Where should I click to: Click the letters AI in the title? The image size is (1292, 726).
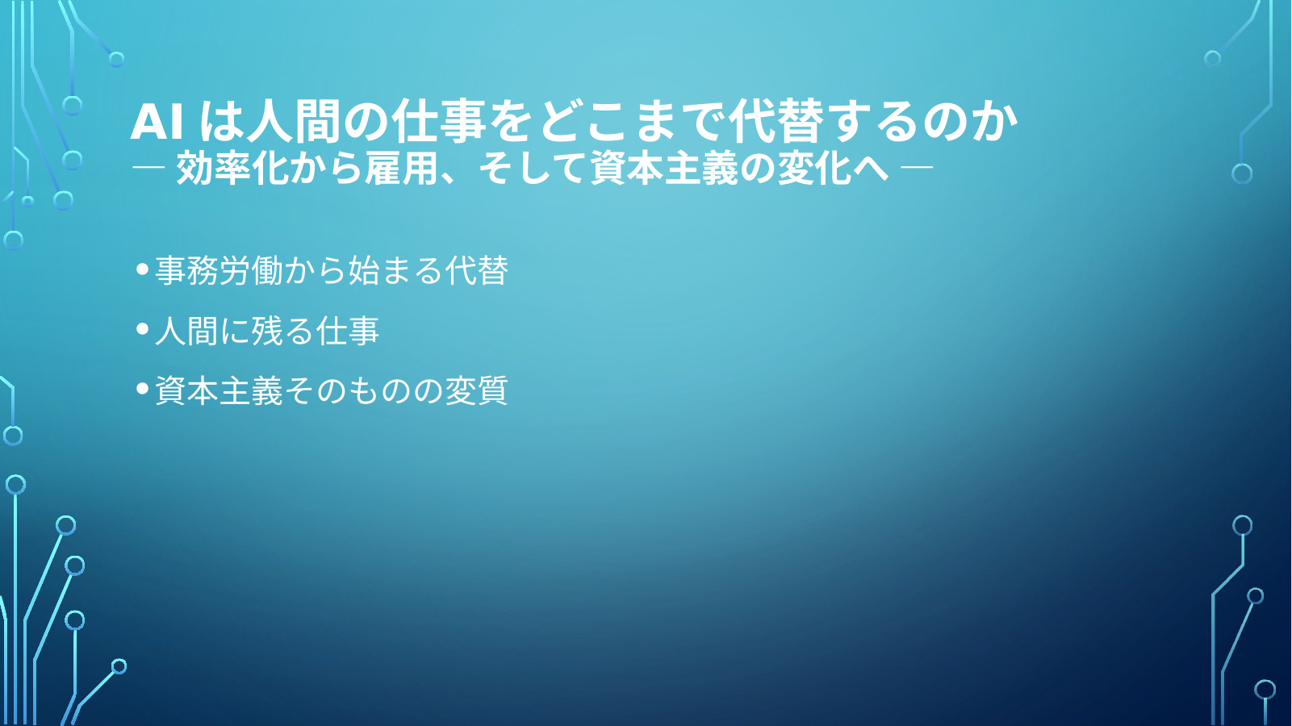point(157,123)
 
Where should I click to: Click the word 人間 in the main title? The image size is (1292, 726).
point(294,122)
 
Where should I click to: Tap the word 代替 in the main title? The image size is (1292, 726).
point(776,122)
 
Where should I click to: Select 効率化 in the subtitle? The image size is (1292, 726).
point(232,169)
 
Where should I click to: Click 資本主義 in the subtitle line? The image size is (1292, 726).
point(664,169)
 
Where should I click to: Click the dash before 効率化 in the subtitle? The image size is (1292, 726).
point(148,168)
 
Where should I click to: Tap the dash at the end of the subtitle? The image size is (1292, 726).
point(917,168)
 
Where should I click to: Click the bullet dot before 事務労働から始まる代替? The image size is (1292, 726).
point(143,269)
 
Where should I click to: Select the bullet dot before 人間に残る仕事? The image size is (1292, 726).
point(143,329)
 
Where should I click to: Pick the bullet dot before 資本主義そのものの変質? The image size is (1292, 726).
point(143,390)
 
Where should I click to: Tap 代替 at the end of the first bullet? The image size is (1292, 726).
point(477,270)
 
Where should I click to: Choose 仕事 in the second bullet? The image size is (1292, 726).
point(348,331)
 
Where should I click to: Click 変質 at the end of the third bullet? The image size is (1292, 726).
point(476,390)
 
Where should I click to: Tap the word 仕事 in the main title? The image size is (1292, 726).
point(437,122)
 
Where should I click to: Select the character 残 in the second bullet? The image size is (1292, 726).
point(268,331)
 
